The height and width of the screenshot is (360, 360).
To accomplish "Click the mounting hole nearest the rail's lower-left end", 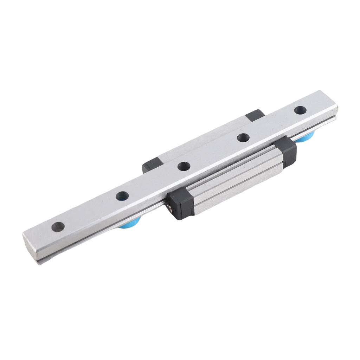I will point(58,227).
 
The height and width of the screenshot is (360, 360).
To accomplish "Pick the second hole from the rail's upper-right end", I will point(243,137).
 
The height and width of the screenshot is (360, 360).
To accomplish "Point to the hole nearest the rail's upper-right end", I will point(300,110).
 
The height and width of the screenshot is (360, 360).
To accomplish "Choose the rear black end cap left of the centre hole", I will point(152,165).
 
